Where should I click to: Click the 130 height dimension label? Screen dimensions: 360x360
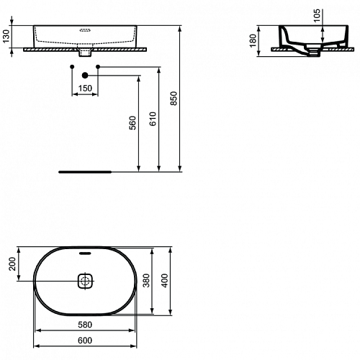(6, 36)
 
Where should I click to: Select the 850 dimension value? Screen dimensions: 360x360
(174, 98)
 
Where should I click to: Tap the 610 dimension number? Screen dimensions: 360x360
(153, 119)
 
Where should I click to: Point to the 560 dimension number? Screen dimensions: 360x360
(132, 123)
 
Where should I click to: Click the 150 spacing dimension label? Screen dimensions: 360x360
(85, 89)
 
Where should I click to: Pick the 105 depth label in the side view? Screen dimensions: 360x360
(317, 16)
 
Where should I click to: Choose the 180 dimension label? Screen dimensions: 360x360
(253, 41)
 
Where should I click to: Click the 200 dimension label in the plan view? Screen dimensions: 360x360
(12, 264)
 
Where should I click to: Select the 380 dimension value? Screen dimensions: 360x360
(146, 281)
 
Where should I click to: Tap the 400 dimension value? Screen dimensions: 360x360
(165, 281)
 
